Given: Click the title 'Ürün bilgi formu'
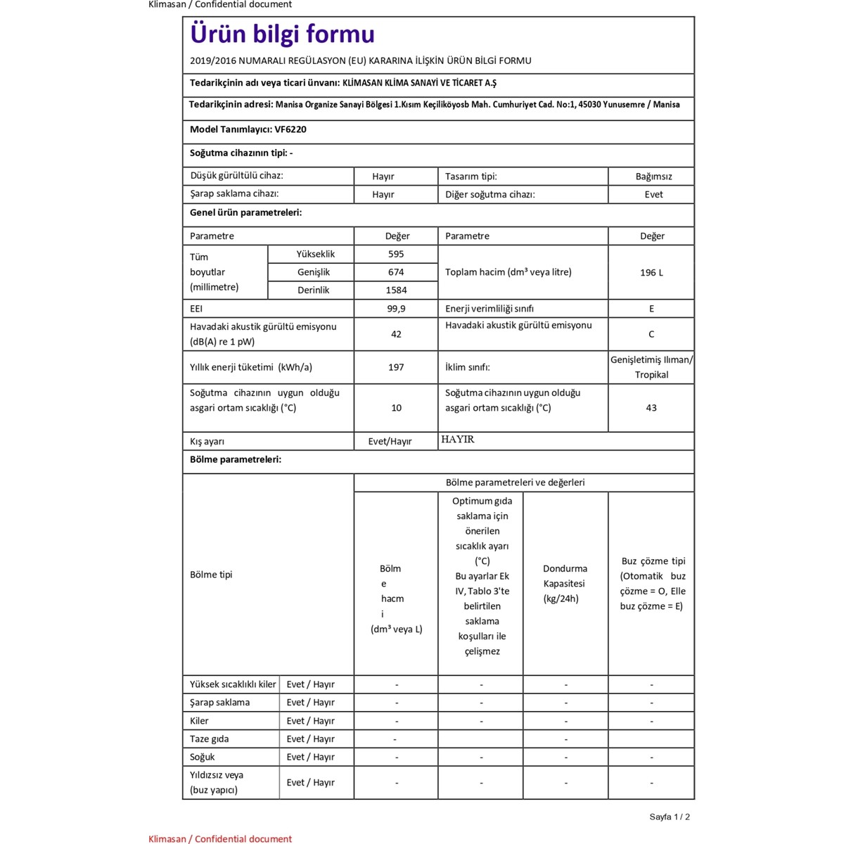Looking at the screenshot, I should point(282,34).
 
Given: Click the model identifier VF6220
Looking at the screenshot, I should point(290,129).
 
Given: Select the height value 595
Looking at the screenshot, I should point(396,254).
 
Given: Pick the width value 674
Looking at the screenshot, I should point(396,272).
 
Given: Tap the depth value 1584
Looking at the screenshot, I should point(396,290).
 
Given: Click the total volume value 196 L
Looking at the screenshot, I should point(651,272).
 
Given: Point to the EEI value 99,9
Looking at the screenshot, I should point(396,309).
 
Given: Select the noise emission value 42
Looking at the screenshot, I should point(396,334).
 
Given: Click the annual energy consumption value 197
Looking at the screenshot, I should point(396,367).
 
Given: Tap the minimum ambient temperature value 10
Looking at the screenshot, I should point(396,408).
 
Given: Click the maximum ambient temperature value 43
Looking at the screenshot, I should point(651,408).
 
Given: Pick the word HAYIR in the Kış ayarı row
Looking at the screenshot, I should point(458,440).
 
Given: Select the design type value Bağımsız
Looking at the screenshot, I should point(653,177).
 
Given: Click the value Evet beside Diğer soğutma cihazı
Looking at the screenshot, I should point(653,195).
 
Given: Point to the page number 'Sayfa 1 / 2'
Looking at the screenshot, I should point(670,817).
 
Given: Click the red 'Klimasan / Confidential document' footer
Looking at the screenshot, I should point(220,838).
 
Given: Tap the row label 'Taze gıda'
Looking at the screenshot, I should point(209,739).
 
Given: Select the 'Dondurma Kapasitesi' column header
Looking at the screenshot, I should point(565,583).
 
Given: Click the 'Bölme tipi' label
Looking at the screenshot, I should point(211,575).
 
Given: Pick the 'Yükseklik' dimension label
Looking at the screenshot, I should point(315,254).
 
